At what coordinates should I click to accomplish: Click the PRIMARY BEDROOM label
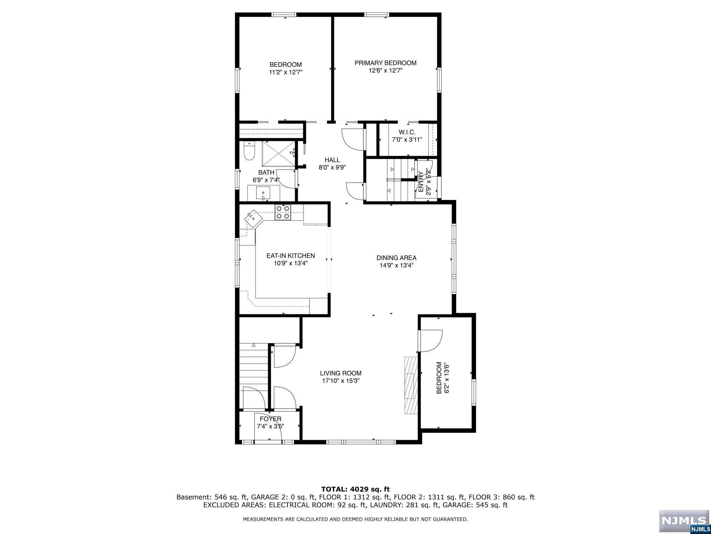pos(385,63)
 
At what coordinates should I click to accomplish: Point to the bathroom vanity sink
pos(264,193)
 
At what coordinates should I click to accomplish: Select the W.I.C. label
pos(407,132)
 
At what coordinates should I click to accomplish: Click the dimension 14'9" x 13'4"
pos(396,265)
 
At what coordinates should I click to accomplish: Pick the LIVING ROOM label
pos(341,373)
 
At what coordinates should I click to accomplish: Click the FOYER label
pos(270,419)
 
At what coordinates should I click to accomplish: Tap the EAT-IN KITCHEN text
pos(291,256)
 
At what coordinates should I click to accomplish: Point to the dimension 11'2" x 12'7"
pos(286,72)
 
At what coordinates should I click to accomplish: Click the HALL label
pos(332,160)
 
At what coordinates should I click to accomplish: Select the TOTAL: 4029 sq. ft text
pos(355,489)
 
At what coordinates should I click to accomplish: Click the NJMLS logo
pos(684,521)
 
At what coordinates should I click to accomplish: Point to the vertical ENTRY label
pos(421,182)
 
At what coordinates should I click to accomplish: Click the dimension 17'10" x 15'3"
pos(341,381)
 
